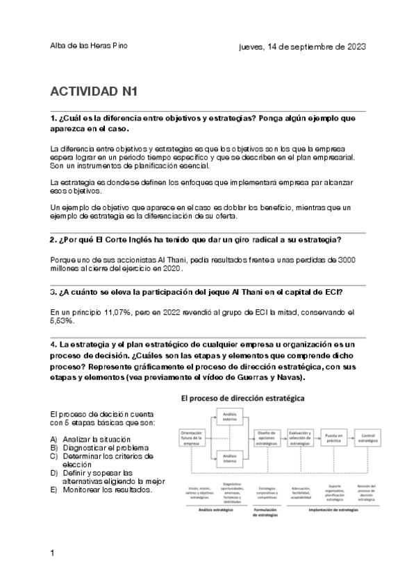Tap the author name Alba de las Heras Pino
tap(89, 46)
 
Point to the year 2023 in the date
tap(353, 47)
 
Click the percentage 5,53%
tap(63, 321)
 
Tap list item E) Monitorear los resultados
tap(101, 490)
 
